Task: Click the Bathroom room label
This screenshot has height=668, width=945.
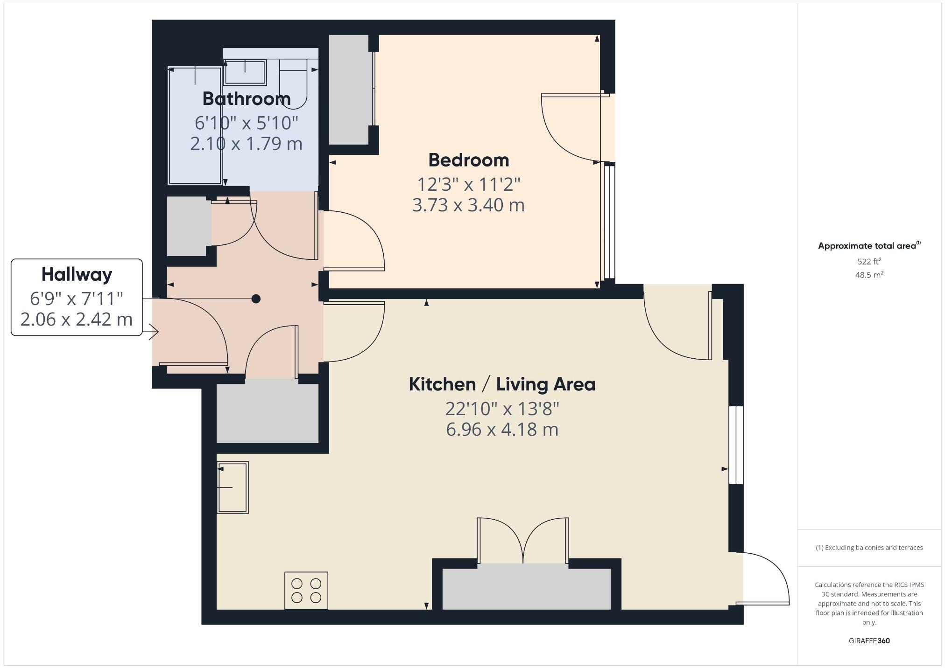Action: (247, 99)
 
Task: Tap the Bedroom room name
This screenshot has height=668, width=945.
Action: (468, 160)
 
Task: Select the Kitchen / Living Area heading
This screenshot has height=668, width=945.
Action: (502, 384)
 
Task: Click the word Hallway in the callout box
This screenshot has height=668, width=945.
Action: (77, 274)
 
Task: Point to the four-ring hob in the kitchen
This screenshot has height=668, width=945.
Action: (306, 590)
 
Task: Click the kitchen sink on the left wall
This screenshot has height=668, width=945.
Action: (233, 487)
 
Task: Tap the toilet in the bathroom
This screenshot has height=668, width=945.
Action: (294, 84)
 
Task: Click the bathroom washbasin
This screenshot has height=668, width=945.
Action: (245, 72)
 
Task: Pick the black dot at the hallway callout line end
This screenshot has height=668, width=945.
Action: (256, 299)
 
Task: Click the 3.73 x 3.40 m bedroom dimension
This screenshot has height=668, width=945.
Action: (468, 205)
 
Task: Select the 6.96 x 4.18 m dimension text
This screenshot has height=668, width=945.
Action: (502, 429)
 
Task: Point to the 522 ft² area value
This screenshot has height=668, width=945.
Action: (869, 261)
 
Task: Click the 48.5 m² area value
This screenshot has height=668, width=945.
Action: (869, 275)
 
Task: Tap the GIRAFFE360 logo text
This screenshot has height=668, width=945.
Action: (869, 640)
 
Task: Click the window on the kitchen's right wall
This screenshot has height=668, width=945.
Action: (736, 445)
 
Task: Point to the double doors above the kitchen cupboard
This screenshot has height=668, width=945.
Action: (523, 541)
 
